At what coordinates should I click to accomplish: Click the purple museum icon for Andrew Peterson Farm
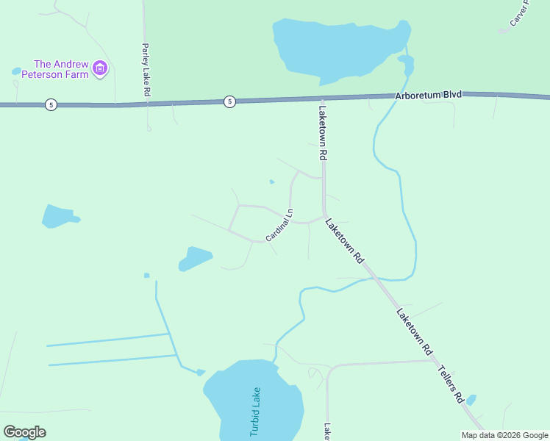[101, 70]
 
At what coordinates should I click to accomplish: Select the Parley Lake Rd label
[146, 70]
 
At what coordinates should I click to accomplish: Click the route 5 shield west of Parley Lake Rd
[50, 104]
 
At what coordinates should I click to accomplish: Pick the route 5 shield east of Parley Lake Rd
[230, 101]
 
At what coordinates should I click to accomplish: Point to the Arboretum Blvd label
[428, 96]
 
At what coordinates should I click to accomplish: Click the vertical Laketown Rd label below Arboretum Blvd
[322, 133]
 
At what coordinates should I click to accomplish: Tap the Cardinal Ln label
[279, 226]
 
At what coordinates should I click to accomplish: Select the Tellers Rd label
[451, 384]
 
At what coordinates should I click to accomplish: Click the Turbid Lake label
[255, 412]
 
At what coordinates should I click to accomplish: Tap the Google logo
[24, 432]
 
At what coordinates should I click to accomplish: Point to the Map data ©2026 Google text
[504, 435]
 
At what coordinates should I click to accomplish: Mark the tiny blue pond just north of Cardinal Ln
[272, 182]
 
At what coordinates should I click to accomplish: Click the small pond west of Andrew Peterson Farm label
[16, 71]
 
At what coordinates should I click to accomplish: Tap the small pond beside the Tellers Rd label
[471, 400]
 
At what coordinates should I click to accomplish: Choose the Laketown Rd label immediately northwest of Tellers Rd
[414, 332]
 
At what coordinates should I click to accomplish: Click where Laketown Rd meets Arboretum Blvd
[322, 98]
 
